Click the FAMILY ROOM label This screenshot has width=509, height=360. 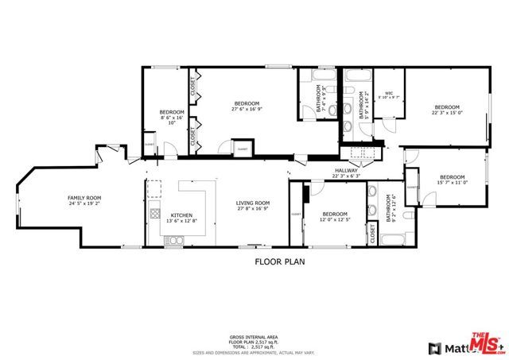coord(84,199)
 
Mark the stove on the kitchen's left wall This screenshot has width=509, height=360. coord(151,215)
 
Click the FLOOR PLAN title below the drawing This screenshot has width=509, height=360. coord(279,260)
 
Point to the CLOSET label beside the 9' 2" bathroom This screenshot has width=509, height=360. coord(372,233)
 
